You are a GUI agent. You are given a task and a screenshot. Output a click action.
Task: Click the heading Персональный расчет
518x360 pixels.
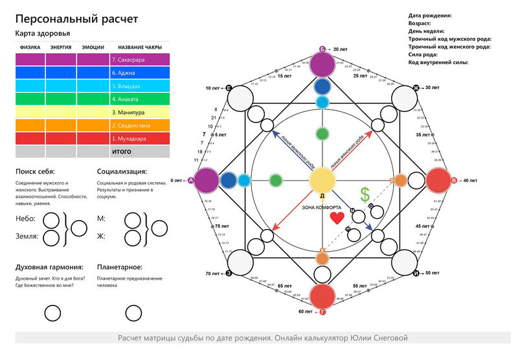point(76,18)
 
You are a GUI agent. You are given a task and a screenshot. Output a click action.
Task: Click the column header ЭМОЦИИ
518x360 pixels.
point(93,47)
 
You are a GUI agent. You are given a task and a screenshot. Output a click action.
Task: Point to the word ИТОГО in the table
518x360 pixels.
point(122,152)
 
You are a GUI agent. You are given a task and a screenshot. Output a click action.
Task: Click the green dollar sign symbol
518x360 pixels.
point(365,194)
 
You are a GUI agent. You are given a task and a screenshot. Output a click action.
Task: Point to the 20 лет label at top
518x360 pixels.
point(343,49)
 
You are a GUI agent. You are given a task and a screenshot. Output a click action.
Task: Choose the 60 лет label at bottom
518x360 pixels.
point(304,311)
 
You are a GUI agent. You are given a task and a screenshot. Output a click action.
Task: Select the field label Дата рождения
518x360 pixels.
point(430,15)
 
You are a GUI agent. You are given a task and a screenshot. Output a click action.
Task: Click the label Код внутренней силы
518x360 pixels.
point(438,63)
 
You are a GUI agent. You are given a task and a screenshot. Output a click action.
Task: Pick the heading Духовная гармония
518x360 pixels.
point(49,267)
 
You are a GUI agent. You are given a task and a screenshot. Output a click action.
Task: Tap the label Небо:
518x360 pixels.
point(25,219)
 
